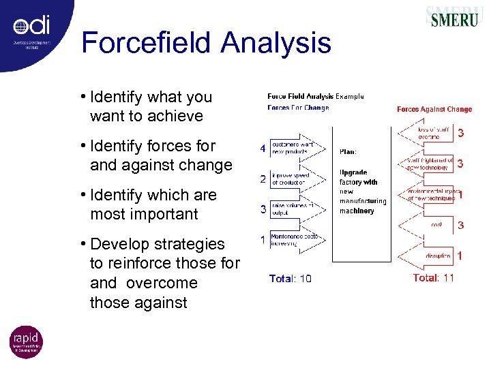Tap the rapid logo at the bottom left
[x=26, y=342]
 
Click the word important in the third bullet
[x=164, y=214]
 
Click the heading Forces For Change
[x=298, y=108]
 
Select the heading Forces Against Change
[x=434, y=109]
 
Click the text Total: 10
[x=291, y=278]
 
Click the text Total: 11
[x=434, y=278]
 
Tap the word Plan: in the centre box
[x=348, y=151]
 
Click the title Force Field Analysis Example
[x=316, y=96]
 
